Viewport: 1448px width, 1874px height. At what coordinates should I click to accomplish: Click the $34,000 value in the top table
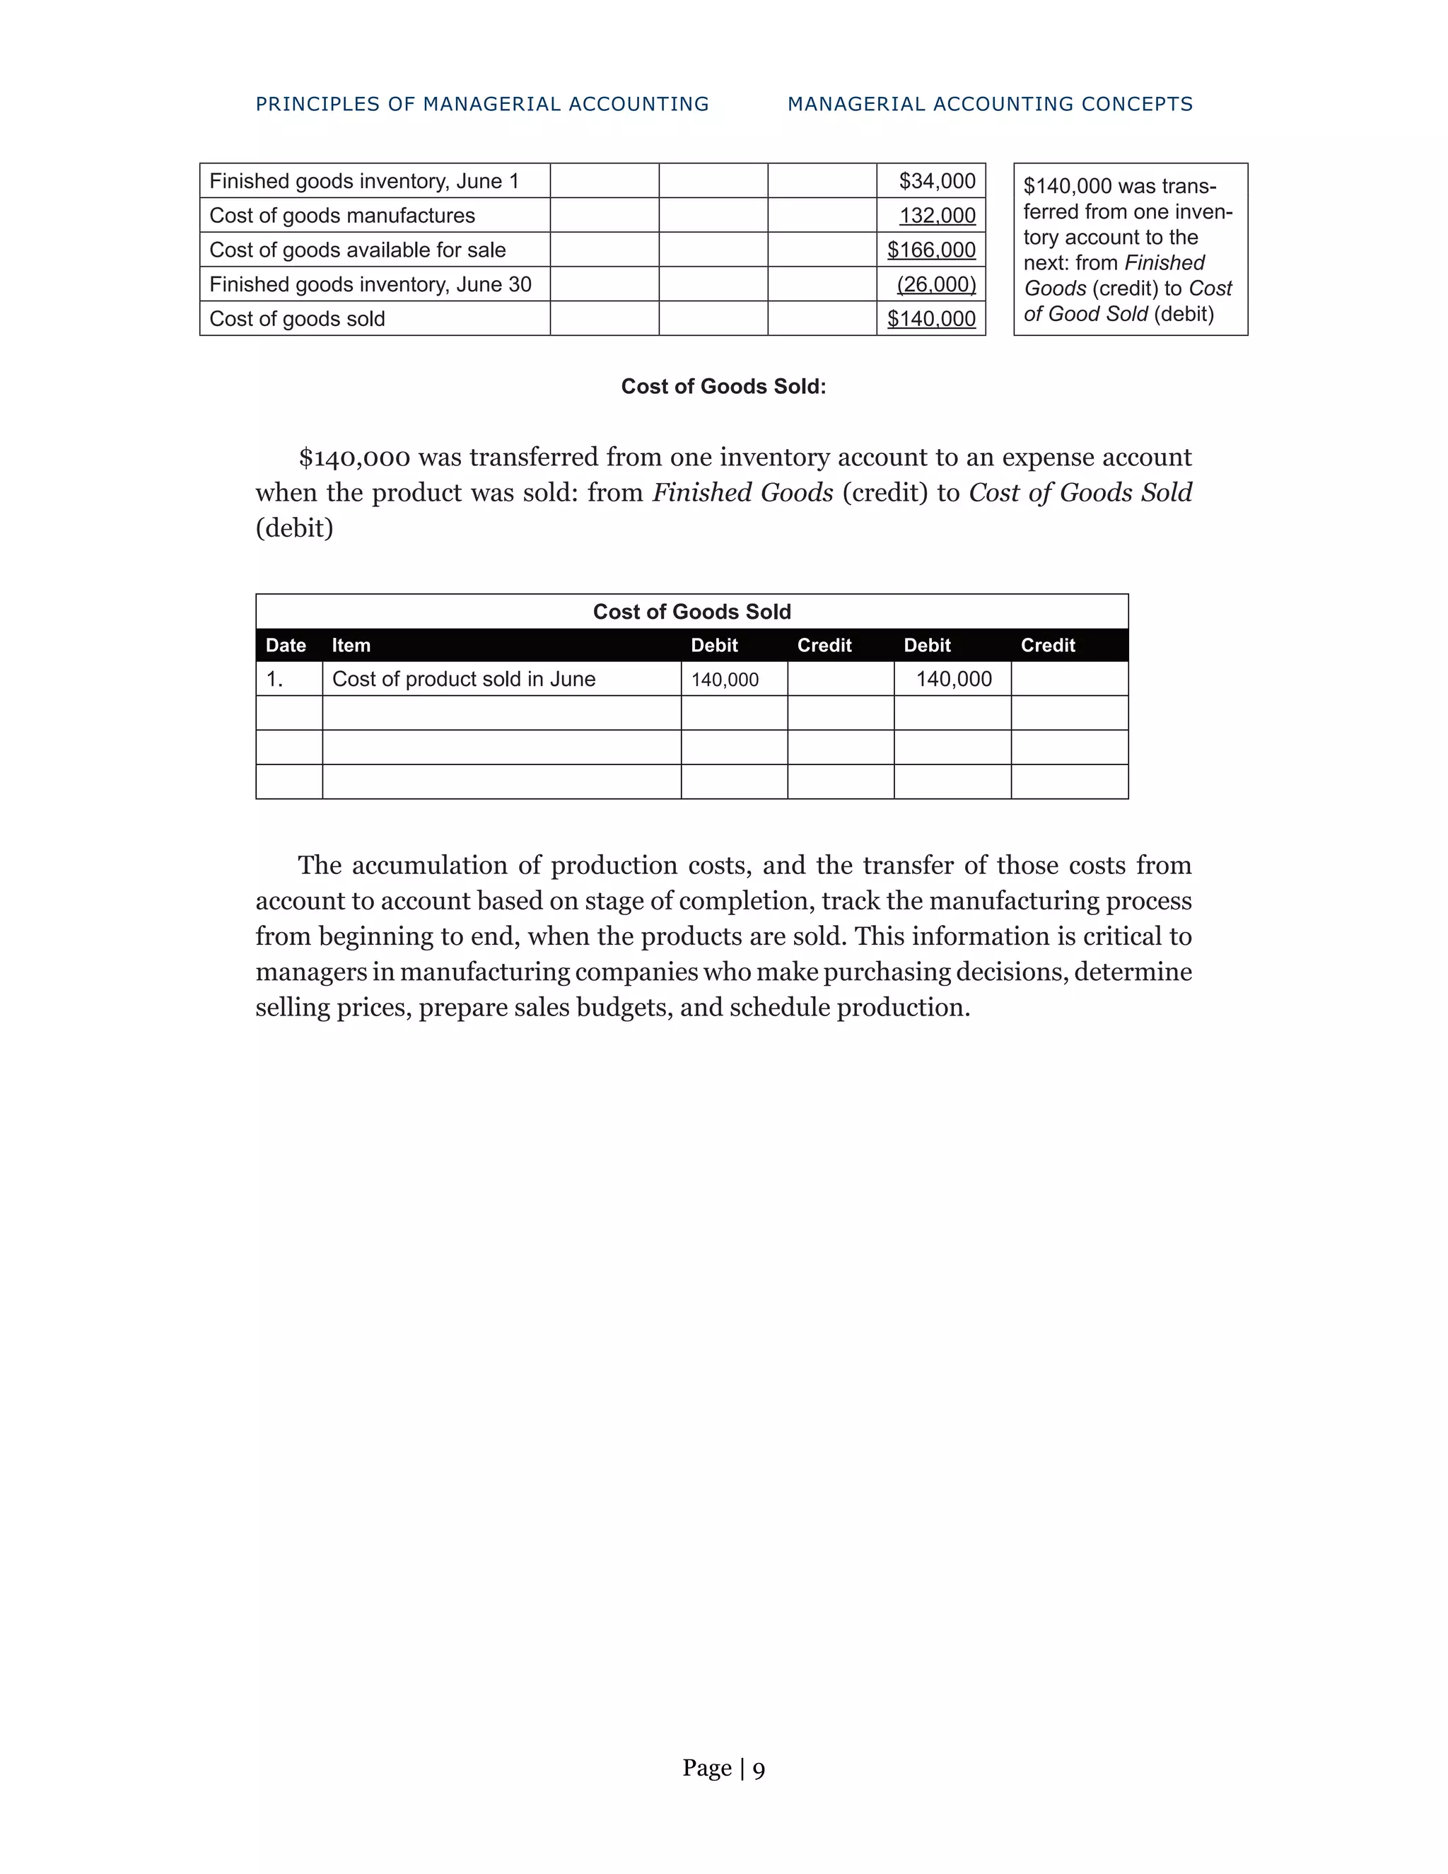[x=937, y=181]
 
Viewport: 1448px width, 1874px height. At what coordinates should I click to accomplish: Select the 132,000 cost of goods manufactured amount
[x=937, y=216]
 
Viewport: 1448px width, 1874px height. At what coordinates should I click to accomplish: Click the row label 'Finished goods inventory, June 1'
[x=363, y=181]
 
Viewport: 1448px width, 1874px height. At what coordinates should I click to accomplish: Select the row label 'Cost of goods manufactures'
[x=341, y=216]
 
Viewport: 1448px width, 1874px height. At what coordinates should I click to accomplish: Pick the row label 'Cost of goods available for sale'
[x=357, y=250]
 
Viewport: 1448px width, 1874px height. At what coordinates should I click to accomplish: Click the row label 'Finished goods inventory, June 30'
[x=370, y=284]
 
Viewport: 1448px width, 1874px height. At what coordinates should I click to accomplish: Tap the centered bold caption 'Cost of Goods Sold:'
[x=723, y=386]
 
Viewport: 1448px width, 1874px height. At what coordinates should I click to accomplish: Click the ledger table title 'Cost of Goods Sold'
[x=691, y=612]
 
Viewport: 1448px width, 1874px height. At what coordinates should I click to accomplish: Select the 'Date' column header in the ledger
[x=286, y=645]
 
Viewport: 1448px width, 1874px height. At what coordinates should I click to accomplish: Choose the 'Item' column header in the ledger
[x=351, y=645]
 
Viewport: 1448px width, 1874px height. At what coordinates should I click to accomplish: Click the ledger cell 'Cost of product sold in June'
[x=463, y=679]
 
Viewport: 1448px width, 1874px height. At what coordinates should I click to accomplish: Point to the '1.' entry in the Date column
[x=274, y=679]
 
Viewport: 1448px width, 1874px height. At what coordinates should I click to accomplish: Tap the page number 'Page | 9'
[x=723, y=1768]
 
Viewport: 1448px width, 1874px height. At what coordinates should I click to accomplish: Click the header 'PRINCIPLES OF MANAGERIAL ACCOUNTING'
[x=482, y=104]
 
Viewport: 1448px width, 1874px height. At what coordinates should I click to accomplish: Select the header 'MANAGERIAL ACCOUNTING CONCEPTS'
[x=990, y=104]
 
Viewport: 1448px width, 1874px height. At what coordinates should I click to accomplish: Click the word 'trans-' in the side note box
[x=1188, y=186]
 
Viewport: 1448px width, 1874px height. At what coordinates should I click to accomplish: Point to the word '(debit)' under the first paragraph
[x=294, y=528]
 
